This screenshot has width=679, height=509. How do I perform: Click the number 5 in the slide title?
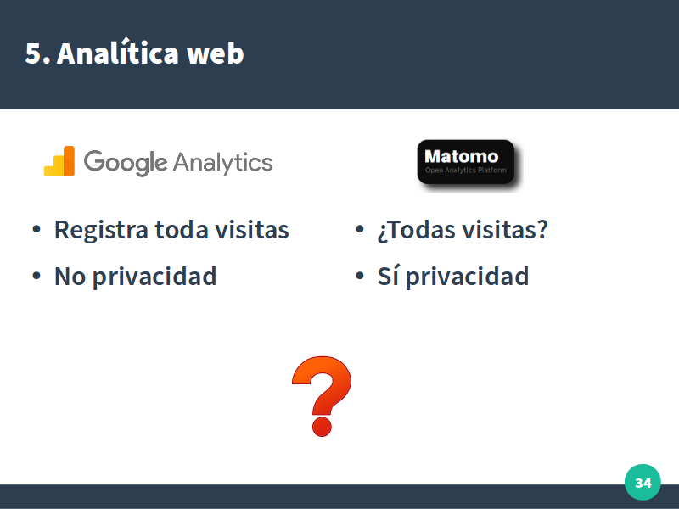pyautogui.click(x=34, y=53)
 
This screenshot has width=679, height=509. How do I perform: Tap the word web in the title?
pyautogui.click(x=216, y=53)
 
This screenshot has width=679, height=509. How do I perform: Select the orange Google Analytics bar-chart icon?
pyautogui.click(x=59, y=161)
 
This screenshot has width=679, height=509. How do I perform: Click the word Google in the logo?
pyautogui.click(x=126, y=163)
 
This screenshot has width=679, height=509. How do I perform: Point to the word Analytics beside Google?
pyautogui.click(x=223, y=163)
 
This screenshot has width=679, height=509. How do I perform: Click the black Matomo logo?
pyautogui.click(x=466, y=162)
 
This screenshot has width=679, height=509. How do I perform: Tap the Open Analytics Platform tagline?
pyautogui.click(x=466, y=171)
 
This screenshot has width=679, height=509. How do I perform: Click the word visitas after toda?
pyautogui.click(x=252, y=229)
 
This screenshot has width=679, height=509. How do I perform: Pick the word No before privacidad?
pyautogui.click(x=70, y=277)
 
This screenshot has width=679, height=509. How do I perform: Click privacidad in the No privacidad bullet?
pyautogui.click(x=154, y=277)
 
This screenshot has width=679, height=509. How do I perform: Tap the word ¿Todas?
pyautogui.click(x=417, y=230)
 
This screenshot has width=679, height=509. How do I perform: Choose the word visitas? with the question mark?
pyautogui.click(x=505, y=229)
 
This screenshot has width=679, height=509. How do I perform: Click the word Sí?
pyautogui.click(x=388, y=275)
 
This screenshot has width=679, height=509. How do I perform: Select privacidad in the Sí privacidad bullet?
pyautogui.click(x=468, y=277)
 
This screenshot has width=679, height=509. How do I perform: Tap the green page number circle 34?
pyautogui.click(x=643, y=482)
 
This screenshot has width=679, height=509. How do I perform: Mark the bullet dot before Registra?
pyautogui.click(x=36, y=229)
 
